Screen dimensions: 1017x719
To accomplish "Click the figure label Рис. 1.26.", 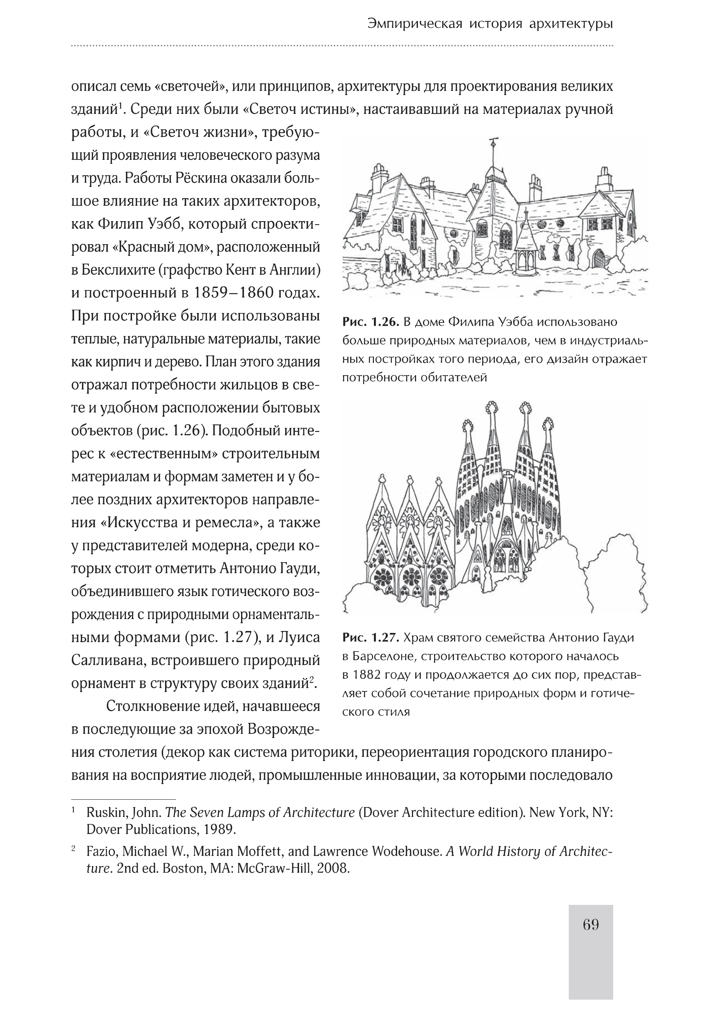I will pyautogui.click(x=371, y=322).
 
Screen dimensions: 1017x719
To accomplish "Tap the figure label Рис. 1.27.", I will pyautogui.click(x=371, y=638).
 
